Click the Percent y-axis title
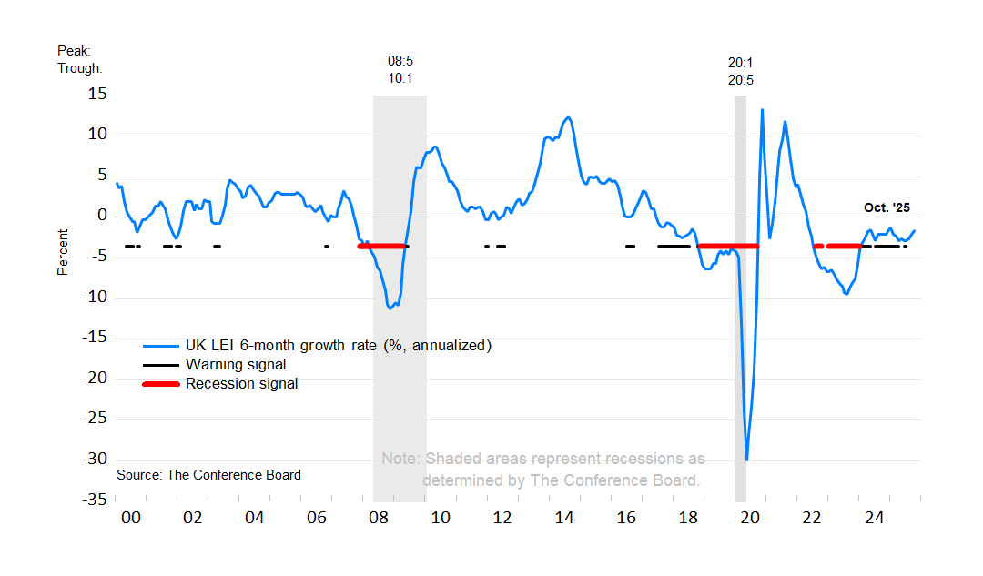tap(63, 251)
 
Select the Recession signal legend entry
tap(241, 384)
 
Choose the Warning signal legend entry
tap(236, 365)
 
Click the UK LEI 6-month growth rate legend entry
tap(338, 346)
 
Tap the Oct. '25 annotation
tap(887, 208)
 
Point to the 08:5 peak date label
tap(400, 62)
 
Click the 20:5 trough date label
tap(740, 80)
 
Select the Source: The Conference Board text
tap(208, 475)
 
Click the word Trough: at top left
tap(80, 68)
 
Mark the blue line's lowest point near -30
tap(746, 460)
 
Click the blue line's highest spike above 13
tap(762, 110)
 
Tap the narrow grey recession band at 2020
tap(740, 300)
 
